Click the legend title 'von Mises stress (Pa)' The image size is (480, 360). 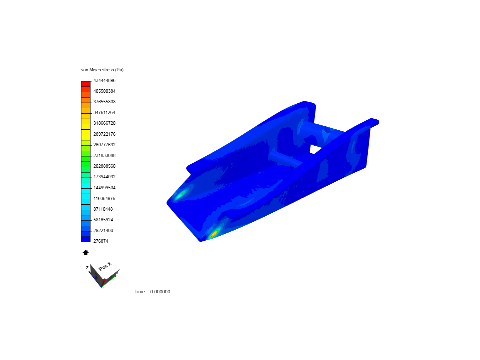[102, 70]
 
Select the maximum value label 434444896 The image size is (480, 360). [104, 80]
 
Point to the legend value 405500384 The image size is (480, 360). [104, 91]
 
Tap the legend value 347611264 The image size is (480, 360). [104, 112]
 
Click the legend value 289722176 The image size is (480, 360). [104, 134]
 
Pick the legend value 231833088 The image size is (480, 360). [104, 155]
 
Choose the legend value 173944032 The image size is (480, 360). [104, 177]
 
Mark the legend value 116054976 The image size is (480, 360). [104, 198]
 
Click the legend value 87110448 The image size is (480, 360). [103, 209]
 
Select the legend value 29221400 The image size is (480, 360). [103, 230]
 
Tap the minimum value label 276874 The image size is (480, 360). [101, 241]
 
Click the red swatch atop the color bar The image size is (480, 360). [86, 84]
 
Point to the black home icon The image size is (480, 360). [86, 252]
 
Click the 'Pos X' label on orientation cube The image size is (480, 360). [105, 267]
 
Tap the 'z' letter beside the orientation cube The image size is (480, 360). [87, 268]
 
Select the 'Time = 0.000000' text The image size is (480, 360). [152, 292]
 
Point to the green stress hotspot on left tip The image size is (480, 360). [181, 194]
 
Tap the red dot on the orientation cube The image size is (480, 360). [105, 280]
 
